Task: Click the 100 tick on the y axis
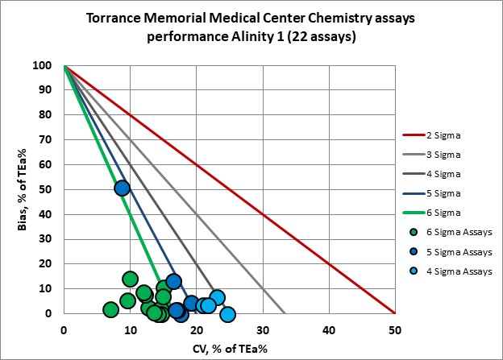coord(48,66)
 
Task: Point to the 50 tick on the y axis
coord(51,190)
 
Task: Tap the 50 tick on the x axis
coord(395,329)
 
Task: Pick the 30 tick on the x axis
coord(263,329)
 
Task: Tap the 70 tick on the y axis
coord(51,140)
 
